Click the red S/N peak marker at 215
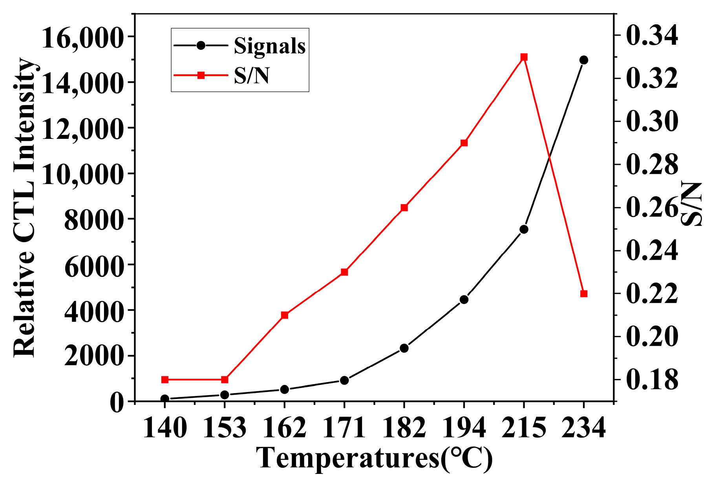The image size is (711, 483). pyautogui.click(x=524, y=57)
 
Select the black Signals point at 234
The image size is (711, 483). pyautogui.click(x=584, y=60)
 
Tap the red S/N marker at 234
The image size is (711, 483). pyautogui.click(x=584, y=293)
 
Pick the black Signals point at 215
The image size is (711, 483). pyautogui.click(x=524, y=230)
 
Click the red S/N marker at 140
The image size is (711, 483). pyautogui.click(x=165, y=379)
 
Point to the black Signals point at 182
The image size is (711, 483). pyautogui.click(x=404, y=348)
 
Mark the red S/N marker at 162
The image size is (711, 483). pyautogui.click(x=285, y=315)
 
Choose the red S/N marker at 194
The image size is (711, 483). pyautogui.click(x=464, y=143)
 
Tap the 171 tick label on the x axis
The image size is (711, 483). pyautogui.click(x=344, y=428)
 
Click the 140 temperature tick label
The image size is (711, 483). pyautogui.click(x=165, y=428)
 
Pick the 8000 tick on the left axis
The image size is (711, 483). pyautogui.click(x=93, y=219)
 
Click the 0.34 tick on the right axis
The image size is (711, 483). pyautogui.click(x=652, y=36)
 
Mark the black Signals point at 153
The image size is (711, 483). pyautogui.click(x=225, y=395)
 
